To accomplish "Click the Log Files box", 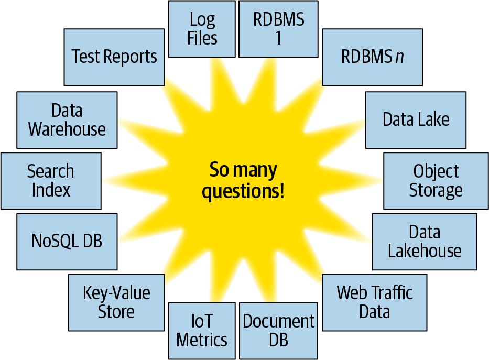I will point(202,29).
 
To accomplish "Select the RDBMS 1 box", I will point(278,29).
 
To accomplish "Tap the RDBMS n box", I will point(372,57).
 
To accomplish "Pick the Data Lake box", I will point(416,119).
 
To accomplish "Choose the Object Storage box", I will point(436,181).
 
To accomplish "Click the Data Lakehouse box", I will point(425,241).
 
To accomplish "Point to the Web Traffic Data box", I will point(374,302).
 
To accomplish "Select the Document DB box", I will point(278,330).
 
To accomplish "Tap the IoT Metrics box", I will point(202,330).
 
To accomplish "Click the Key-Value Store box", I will point(116,302).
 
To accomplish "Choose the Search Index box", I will point(51,181).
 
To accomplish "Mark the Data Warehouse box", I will point(67,119).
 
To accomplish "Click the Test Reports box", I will point(114,57).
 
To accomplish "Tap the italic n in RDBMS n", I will point(399,57).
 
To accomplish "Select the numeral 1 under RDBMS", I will point(278,39).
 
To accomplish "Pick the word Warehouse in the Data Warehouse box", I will point(67,129).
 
